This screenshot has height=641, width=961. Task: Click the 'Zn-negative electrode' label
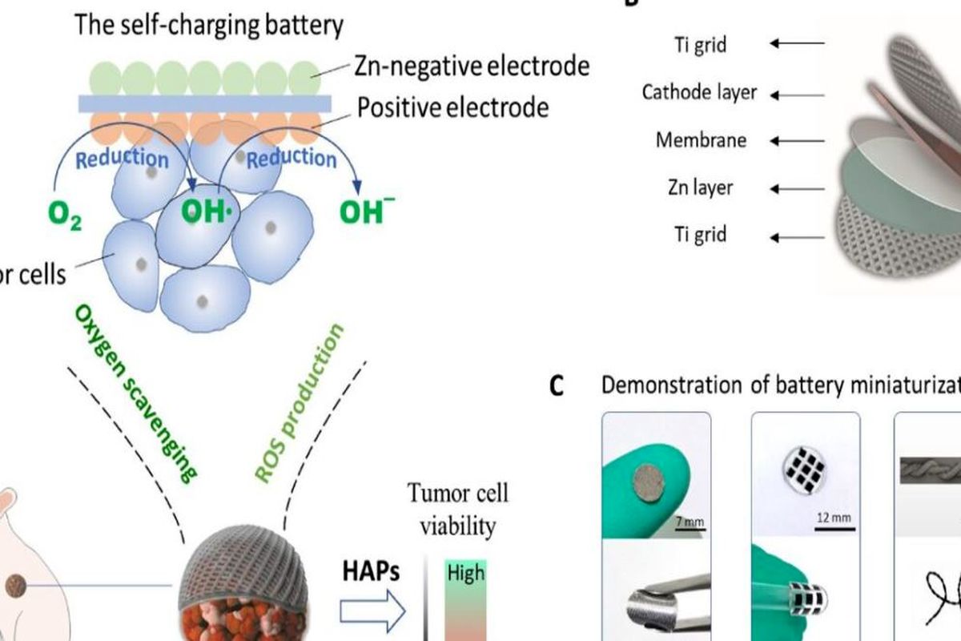pos(471,65)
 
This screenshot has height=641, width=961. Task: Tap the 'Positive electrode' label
pos(452,107)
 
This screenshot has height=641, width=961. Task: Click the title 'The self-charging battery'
pos(208,25)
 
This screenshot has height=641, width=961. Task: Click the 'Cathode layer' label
pos(699,93)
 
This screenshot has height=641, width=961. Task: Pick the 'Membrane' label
pos(701,140)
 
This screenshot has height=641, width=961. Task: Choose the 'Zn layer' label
pos(701,188)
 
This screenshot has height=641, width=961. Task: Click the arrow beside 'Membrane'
pos(797,140)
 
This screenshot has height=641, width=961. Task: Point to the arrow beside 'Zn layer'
pos(797,188)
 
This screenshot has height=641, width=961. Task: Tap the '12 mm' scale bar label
pos(834,518)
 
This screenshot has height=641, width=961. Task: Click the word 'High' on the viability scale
pos(466,573)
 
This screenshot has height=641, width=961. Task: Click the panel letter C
pos(557,386)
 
